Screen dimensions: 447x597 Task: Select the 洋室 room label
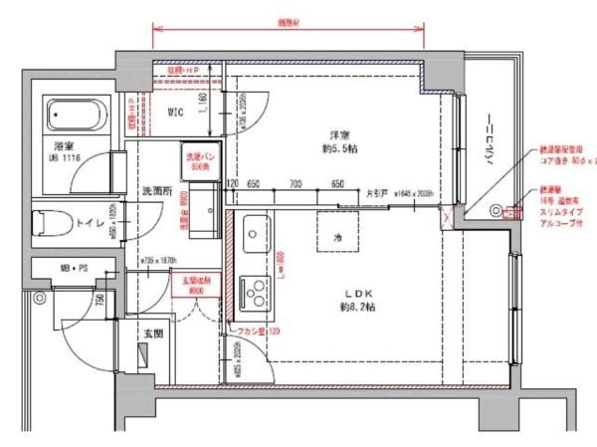point(339,134)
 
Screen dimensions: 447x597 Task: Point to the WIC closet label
point(176,112)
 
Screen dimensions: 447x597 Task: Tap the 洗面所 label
point(157,190)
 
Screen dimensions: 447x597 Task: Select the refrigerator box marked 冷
point(337,238)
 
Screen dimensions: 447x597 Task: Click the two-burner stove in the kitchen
point(254,290)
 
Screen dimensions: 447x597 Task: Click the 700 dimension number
point(296,184)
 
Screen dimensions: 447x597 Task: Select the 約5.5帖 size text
point(339,149)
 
